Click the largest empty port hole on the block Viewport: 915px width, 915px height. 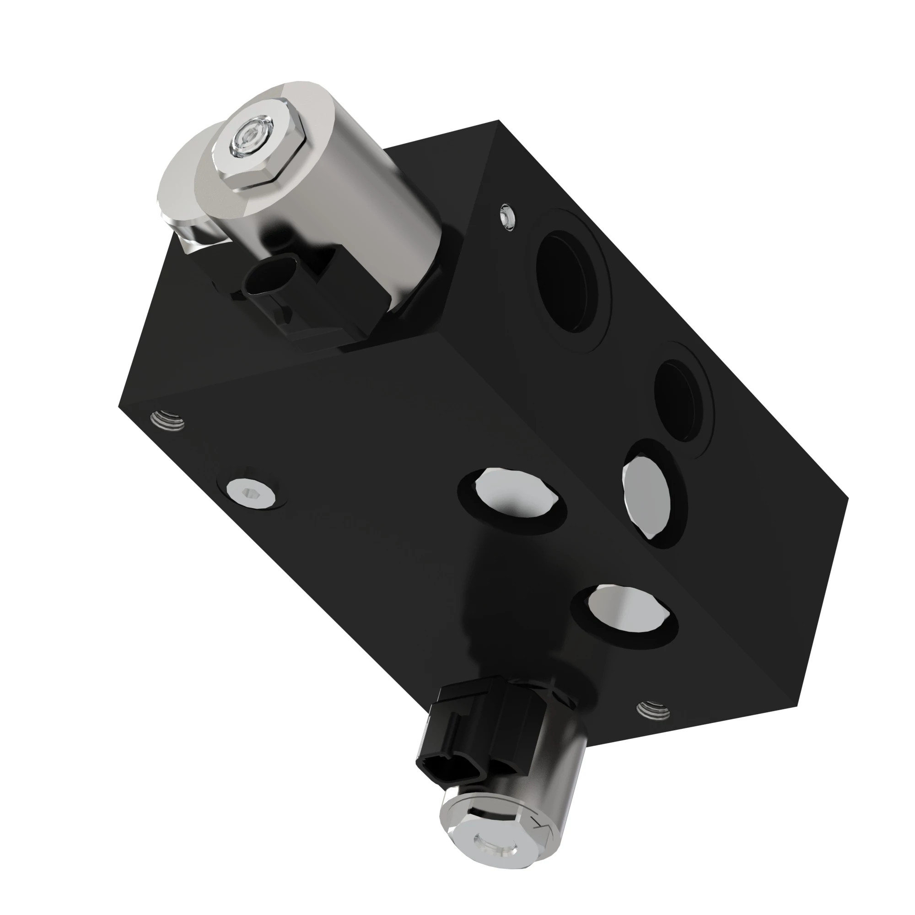point(568,282)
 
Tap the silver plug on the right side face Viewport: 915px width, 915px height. point(646,493)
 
